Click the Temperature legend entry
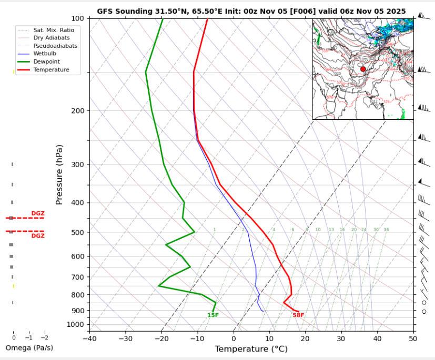pyautogui.click(x=51, y=69)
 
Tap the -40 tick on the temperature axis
pyautogui.click(x=89, y=339)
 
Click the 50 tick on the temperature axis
pyautogui.click(x=413, y=339)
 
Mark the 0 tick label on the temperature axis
pyautogui.click(x=234, y=339)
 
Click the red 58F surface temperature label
pyautogui.click(x=298, y=315)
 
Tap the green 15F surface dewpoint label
pyautogui.click(x=213, y=315)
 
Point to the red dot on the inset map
pyautogui.click(x=363, y=69)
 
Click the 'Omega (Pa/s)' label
pyautogui.click(x=29, y=348)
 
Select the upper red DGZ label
pyautogui.click(x=38, y=213)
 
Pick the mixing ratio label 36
pyautogui.click(x=386, y=230)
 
